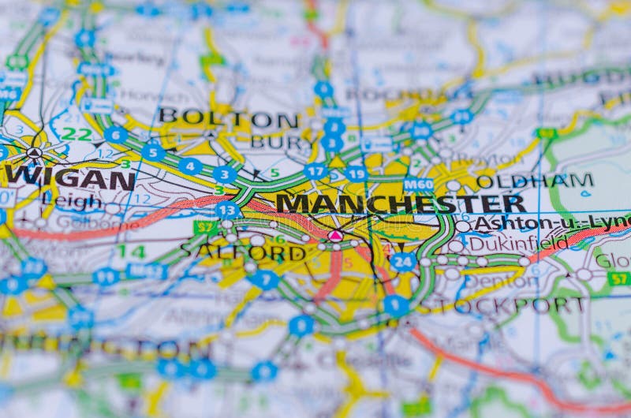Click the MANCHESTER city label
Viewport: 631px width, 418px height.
[400, 203]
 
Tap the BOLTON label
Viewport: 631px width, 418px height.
[228, 118]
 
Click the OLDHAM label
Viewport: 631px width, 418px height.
[534, 181]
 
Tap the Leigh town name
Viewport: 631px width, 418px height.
[72, 201]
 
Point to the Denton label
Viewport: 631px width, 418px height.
[512, 279]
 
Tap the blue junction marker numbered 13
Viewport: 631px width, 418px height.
[227, 210]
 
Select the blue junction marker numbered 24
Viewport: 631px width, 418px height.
[403, 261]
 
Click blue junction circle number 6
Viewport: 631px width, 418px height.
[116, 135]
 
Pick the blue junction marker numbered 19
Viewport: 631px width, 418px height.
[356, 174]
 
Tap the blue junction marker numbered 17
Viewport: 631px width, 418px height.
[315, 170]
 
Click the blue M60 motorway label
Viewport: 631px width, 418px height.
[418, 185]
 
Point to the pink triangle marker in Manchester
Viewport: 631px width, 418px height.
[335, 235]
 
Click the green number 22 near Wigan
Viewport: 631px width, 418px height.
[77, 134]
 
